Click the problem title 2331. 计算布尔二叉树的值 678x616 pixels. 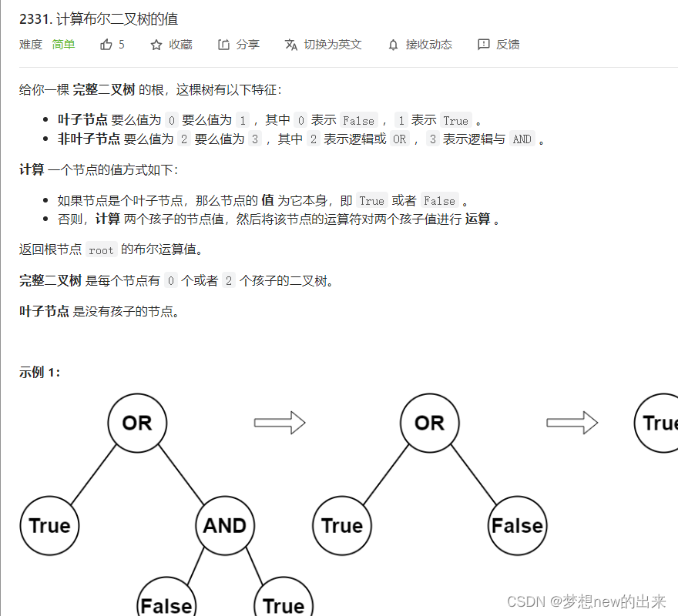click(99, 19)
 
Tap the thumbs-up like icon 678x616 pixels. click(106, 45)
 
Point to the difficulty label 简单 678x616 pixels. click(63, 45)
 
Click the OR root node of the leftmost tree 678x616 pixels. click(137, 423)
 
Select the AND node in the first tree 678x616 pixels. click(225, 526)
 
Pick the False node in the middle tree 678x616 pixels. click(517, 526)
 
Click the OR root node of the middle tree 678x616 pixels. click(429, 423)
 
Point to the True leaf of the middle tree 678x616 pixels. click(341, 526)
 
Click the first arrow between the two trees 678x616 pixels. click(279, 423)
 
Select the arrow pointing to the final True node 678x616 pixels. click(572, 423)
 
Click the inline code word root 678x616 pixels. click(101, 250)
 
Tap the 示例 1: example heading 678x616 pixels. click(39, 372)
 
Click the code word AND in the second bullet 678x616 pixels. click(522, 139)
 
